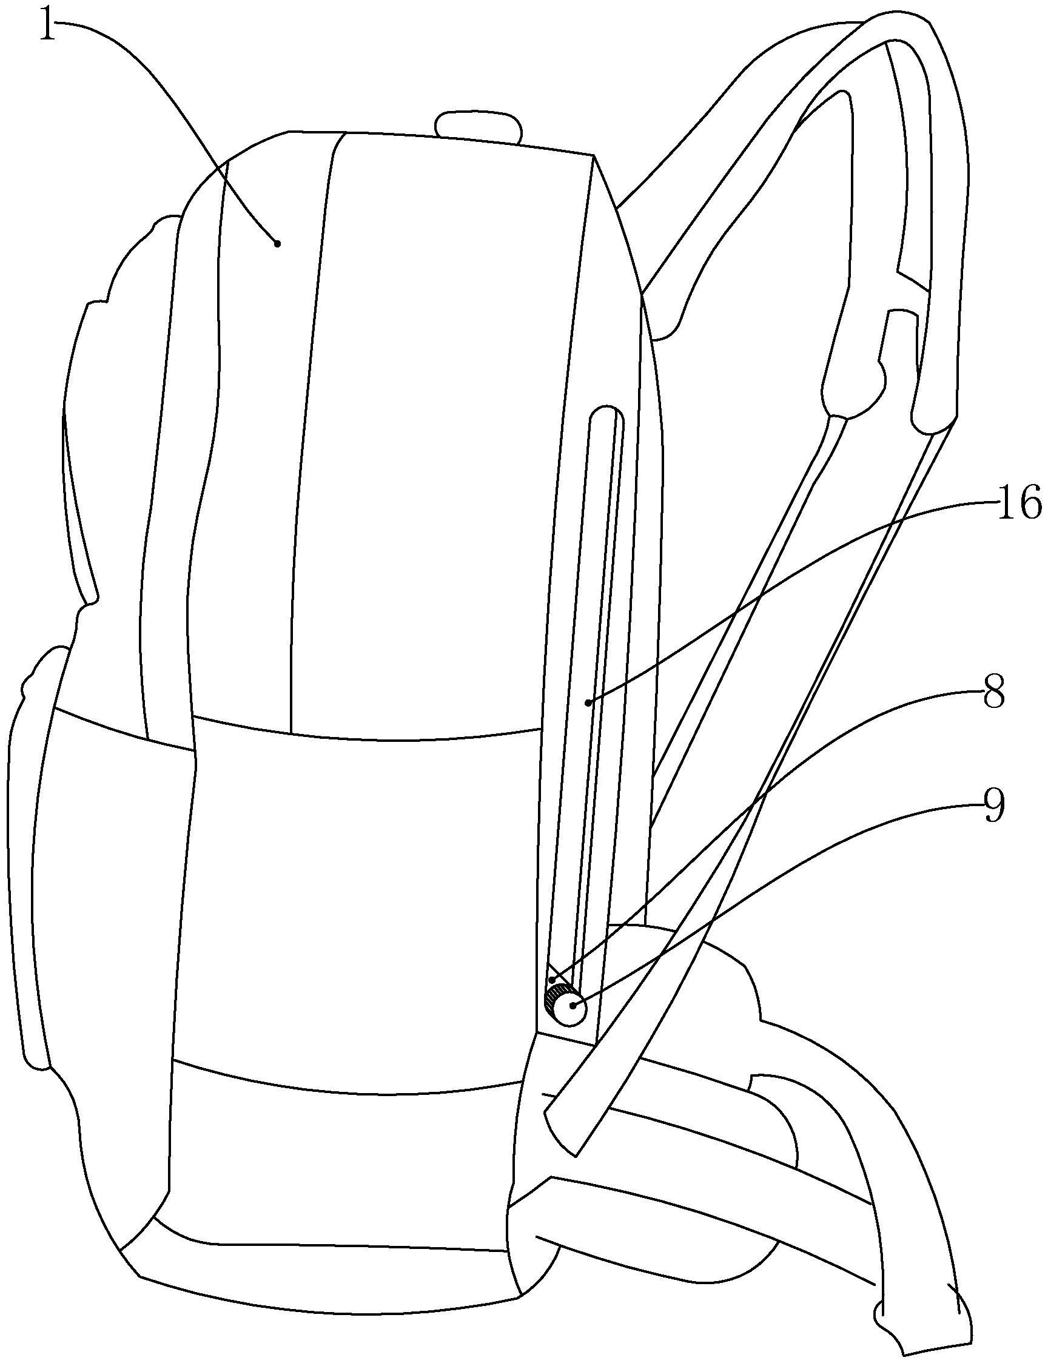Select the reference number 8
pyautogui.click(x=995, y=695)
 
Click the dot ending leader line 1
pyautogui.click(x=278, y=243)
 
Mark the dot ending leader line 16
pyautogui.click(x=588, y=703)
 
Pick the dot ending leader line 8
pyautogui.click(x=552, y=981)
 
